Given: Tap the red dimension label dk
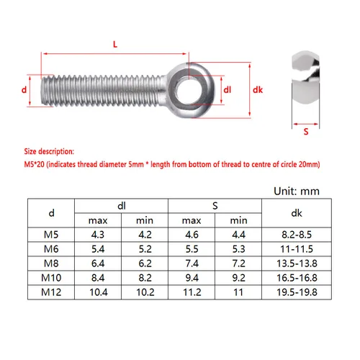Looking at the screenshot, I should point(260,90).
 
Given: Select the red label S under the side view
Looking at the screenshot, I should point(306,132).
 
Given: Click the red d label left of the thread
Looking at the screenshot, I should point(24,90).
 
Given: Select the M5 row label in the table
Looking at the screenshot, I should point(50,235).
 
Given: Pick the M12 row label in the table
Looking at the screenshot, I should point(50,293).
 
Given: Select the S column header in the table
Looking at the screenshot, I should point(214,206).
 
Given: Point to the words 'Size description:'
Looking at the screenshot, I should point(49,153).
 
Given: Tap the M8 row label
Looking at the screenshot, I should point(50,264).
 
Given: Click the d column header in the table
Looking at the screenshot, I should point(50,212).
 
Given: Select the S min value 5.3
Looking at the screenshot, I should point(238,249).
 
